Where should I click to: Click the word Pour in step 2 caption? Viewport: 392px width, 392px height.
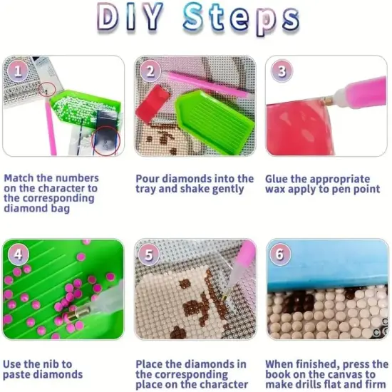[x=148, y=178]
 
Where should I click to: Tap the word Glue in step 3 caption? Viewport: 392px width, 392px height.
[x=279, y=178]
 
